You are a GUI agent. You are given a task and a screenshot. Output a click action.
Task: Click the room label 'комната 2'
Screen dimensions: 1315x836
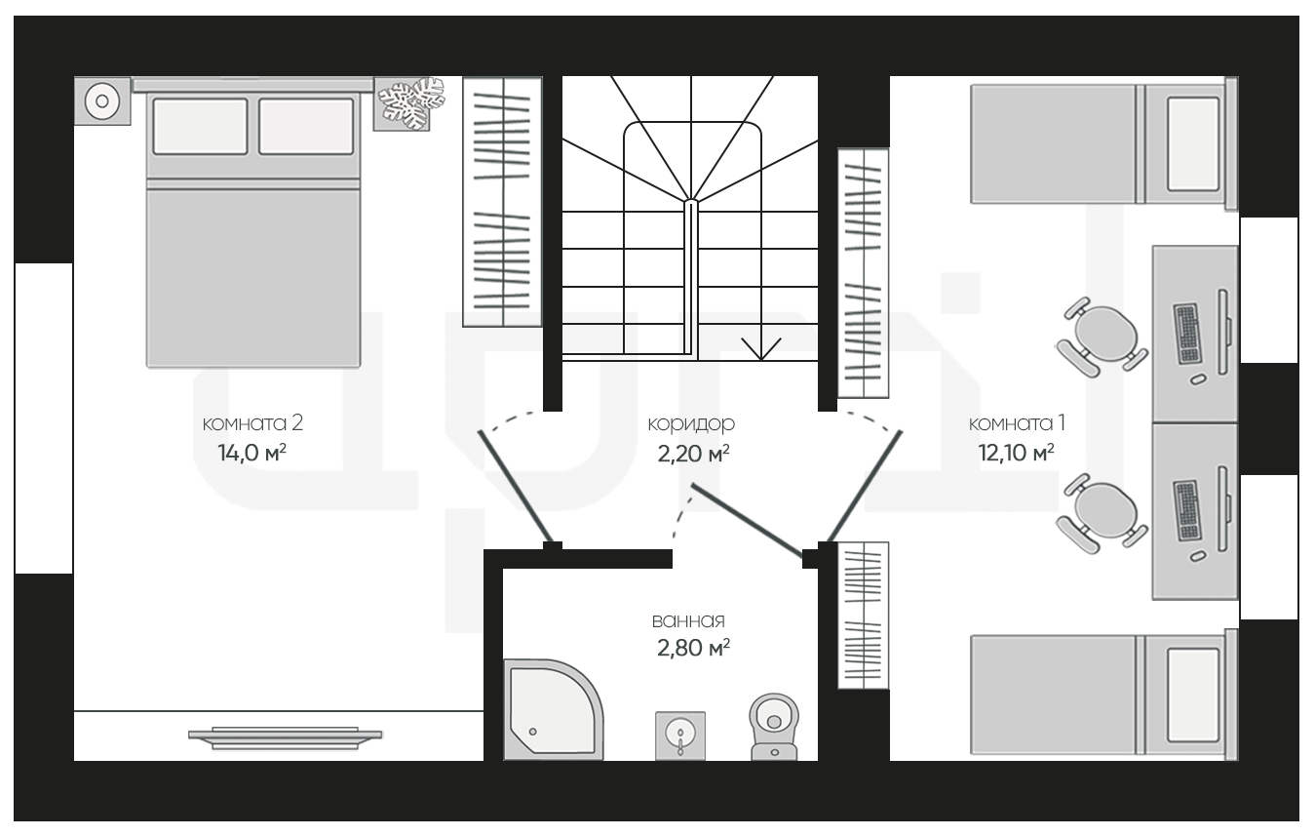tap(252, 423)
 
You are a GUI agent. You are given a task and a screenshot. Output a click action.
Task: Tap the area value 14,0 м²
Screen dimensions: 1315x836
tap(251, 453)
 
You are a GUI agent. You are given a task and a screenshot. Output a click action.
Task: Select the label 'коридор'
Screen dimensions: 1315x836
tap(691, 424)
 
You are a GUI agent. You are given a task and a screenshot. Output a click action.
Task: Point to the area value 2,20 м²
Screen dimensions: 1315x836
tap(693, 454)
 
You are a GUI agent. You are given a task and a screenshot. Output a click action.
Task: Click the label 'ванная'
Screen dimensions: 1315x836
tap(688, 620)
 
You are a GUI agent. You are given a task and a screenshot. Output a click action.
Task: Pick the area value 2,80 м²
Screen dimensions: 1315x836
tap(693, 648)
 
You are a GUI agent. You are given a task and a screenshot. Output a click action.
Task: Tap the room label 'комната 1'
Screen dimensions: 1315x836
tap(1018, 423)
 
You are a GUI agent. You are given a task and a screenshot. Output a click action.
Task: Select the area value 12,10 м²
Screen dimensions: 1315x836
tap(1016, 453)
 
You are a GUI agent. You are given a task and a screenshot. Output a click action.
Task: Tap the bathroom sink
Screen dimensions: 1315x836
tap(680, 736)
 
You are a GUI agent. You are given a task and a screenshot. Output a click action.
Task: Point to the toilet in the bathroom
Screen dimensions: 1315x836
tap(774, 727)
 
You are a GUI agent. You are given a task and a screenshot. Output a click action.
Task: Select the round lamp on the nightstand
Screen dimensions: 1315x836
tap(102, 101)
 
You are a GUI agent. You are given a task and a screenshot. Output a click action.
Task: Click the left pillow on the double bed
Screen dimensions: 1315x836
tap(200, 126)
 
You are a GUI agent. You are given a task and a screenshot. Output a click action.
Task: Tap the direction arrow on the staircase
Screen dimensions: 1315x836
tap(760, 348)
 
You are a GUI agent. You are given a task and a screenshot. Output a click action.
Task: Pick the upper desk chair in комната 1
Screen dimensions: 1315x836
tap(1102, 337)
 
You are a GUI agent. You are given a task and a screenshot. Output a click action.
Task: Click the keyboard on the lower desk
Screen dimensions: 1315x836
tap(1187, 511)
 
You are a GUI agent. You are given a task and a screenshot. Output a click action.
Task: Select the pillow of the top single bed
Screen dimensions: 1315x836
tap(1193, 144)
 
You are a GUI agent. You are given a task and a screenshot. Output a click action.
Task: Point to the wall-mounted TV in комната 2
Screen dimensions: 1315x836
tap(286, 737)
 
